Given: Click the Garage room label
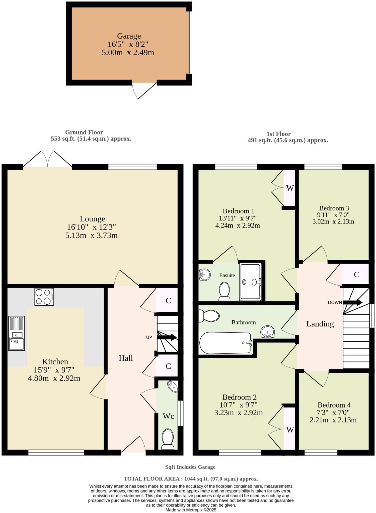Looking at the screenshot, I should point(129,36).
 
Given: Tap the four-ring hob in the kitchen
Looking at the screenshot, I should point(44,297).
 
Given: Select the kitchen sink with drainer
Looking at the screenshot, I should point(16,333).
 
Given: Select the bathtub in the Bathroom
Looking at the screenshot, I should point(225,343).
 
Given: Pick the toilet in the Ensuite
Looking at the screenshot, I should point(224,291).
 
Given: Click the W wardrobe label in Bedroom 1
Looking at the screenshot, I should point(290,188).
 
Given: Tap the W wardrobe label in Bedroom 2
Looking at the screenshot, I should point(290,430).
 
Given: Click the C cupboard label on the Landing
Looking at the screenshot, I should point(356,275).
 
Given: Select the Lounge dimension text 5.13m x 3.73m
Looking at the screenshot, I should point(92,235).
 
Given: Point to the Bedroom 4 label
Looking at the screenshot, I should point(334,405).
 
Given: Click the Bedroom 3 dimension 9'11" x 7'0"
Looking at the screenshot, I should point(333,215).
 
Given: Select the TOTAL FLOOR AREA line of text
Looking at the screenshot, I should point(191,479).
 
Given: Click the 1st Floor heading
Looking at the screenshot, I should point(278,134).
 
